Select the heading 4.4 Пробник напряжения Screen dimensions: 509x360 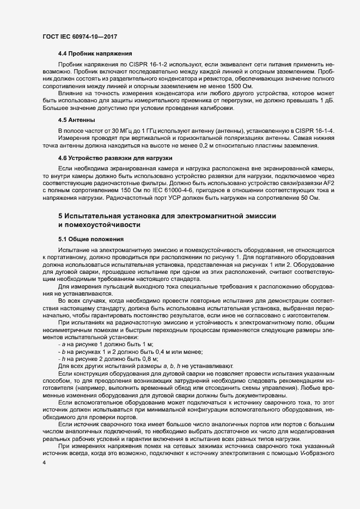coord(95,53)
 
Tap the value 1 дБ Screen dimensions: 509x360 coord(327,102)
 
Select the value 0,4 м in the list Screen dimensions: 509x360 coord(161,351)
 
